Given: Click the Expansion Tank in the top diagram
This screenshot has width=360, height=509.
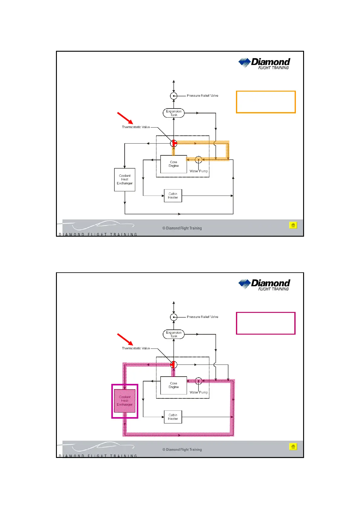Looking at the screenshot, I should coord(174,113).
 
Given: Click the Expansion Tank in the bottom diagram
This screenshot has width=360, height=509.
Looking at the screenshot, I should coord(174,334).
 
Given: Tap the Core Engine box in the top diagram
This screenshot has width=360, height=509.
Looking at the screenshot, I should coord(174,164).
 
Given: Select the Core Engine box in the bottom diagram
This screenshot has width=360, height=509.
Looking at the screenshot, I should coord(174,385).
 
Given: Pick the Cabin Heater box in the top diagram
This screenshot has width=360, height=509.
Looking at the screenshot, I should coord(173,196).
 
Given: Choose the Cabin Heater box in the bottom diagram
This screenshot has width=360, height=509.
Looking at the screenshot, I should coord(173,417).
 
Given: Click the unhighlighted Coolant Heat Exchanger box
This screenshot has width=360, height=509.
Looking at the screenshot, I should coord(125,180).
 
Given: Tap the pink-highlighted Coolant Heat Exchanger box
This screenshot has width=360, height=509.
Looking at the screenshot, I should coord(125,401).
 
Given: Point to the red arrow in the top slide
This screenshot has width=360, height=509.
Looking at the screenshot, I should coord(125,118).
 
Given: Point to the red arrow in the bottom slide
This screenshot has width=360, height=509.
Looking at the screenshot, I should coord(125,339).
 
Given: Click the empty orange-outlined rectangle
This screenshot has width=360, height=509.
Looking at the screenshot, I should coord(266,102).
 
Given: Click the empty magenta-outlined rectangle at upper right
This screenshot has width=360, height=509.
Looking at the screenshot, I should coord(266,323).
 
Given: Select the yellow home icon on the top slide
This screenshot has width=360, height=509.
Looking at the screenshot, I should coord(293,225).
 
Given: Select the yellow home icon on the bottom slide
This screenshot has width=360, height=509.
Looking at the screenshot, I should coord(293,446).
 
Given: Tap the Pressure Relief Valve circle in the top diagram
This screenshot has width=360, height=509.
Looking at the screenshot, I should coord(174,96).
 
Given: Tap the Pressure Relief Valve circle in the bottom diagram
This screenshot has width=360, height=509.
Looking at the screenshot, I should coord(174,317).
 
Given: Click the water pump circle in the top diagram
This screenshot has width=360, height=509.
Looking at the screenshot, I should coord(198,160).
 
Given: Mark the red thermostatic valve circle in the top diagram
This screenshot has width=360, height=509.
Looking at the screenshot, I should coord(174,143).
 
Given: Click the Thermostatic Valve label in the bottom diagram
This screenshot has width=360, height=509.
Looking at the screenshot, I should coord(136,348).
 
